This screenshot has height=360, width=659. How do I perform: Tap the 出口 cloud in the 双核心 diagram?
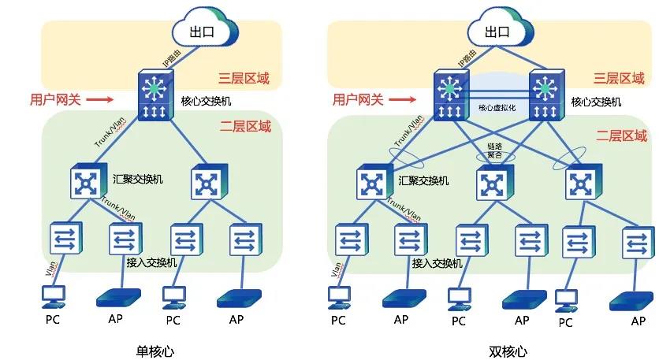pos(496,31)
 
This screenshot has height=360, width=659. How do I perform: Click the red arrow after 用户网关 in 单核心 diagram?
pos(99,99)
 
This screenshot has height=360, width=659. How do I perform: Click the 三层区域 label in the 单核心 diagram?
pos(244,78)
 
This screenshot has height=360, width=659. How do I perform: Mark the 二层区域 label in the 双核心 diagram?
pos(624,135)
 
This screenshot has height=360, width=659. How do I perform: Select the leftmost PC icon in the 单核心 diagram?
pos(54,296)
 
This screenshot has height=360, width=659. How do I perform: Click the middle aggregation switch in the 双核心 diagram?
pos(495,182)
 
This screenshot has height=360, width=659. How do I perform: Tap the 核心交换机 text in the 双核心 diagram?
pos(596,102)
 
